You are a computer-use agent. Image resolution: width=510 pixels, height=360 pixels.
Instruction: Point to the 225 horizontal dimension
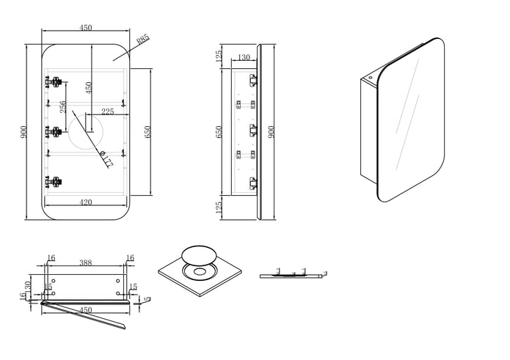click(x=107, y=111)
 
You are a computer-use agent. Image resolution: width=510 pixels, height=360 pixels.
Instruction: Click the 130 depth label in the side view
click(x=243, y=58)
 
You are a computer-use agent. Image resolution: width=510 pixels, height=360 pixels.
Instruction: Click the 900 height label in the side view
click(x=272, y=132)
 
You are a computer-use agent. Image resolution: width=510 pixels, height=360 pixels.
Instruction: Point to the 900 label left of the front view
click(x=25, y=132)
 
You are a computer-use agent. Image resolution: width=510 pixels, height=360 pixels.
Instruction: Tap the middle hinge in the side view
click(x=253, y=131)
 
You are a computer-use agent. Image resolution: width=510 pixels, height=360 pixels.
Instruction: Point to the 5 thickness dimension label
click(x=148, y=298)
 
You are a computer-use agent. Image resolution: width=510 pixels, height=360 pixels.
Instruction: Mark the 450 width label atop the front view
click(x=85, y=28)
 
